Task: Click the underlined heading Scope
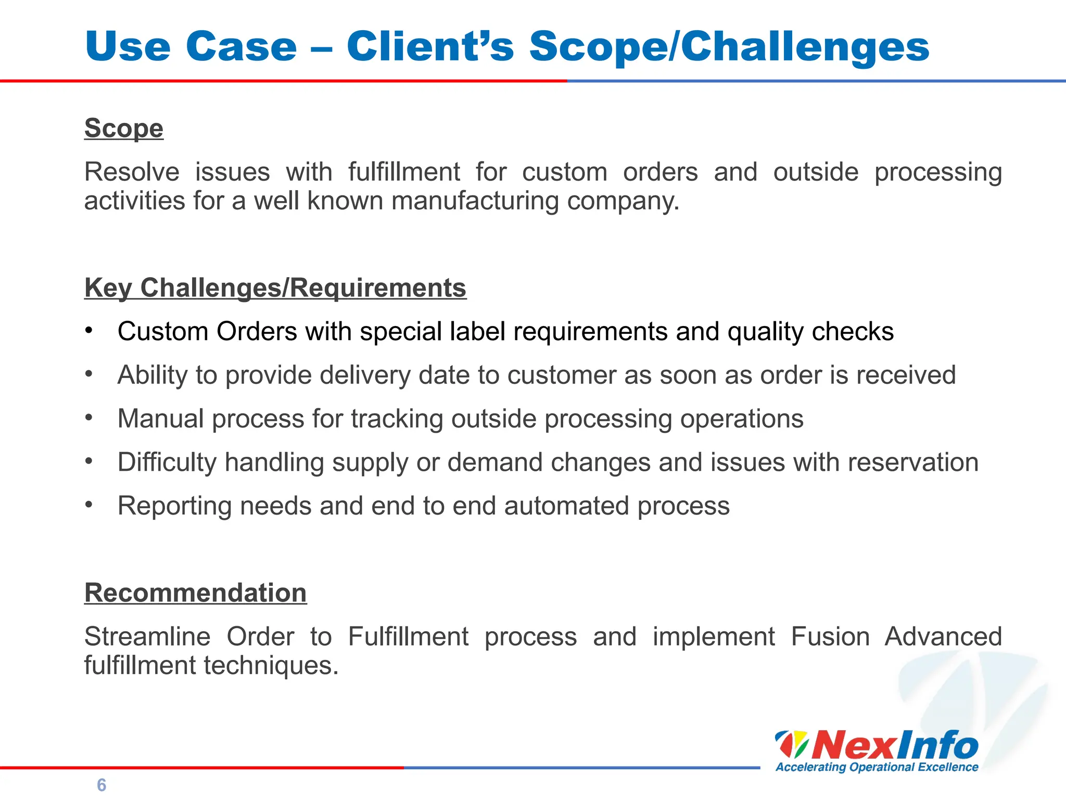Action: tap(124, 128)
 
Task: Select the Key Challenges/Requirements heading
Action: tap(275, 288)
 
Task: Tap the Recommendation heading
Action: tap(195, 593)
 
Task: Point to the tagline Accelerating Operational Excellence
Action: tap(877, 767)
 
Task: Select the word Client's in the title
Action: tap(430, 47)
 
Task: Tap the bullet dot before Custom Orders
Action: tap(89, 330)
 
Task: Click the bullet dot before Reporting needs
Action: tap(89, 505)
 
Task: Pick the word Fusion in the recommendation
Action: tap(830, 636)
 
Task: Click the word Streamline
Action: tap(147, 636)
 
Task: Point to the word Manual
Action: tap(160, 419)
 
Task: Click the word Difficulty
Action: tap(167, 463)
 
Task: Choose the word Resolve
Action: tap(132, 172)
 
